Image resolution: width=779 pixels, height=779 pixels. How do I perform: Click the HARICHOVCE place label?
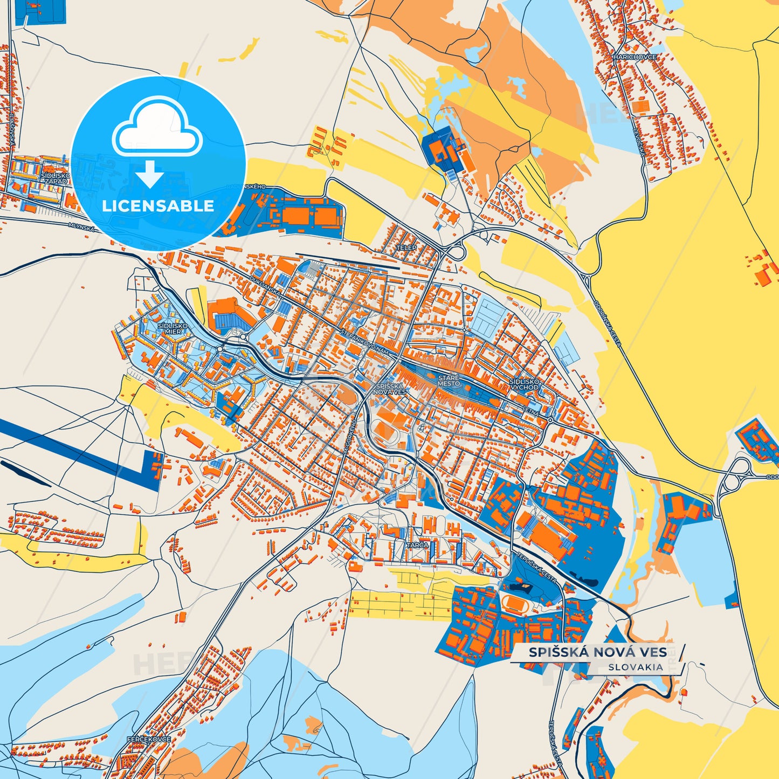tap(635, 57)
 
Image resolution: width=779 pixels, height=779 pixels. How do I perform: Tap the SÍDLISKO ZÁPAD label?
tap(56, 179)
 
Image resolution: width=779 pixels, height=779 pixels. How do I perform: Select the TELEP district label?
tap(406, 247)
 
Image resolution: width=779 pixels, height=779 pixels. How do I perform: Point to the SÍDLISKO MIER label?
tap(173, 328)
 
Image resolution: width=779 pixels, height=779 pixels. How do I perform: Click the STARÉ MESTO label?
tap(449, 381)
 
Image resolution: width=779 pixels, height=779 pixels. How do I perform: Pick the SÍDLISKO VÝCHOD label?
tap(524, 384)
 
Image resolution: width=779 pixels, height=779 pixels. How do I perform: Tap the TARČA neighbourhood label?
tap(417, 545)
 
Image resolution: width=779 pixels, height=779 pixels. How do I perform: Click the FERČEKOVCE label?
tap(149, 739)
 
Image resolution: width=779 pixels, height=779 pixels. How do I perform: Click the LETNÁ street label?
tap(530, 411)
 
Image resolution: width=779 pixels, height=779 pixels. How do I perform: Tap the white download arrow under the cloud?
tap(150, 174)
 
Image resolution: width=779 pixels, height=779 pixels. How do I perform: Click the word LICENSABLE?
tap(158, 206)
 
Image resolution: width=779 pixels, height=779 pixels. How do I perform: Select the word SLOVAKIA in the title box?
tap(636, 667)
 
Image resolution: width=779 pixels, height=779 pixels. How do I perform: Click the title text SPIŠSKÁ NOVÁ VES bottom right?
tap(597, 652)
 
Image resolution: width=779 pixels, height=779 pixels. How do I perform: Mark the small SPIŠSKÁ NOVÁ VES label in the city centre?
tap(390, 389)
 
